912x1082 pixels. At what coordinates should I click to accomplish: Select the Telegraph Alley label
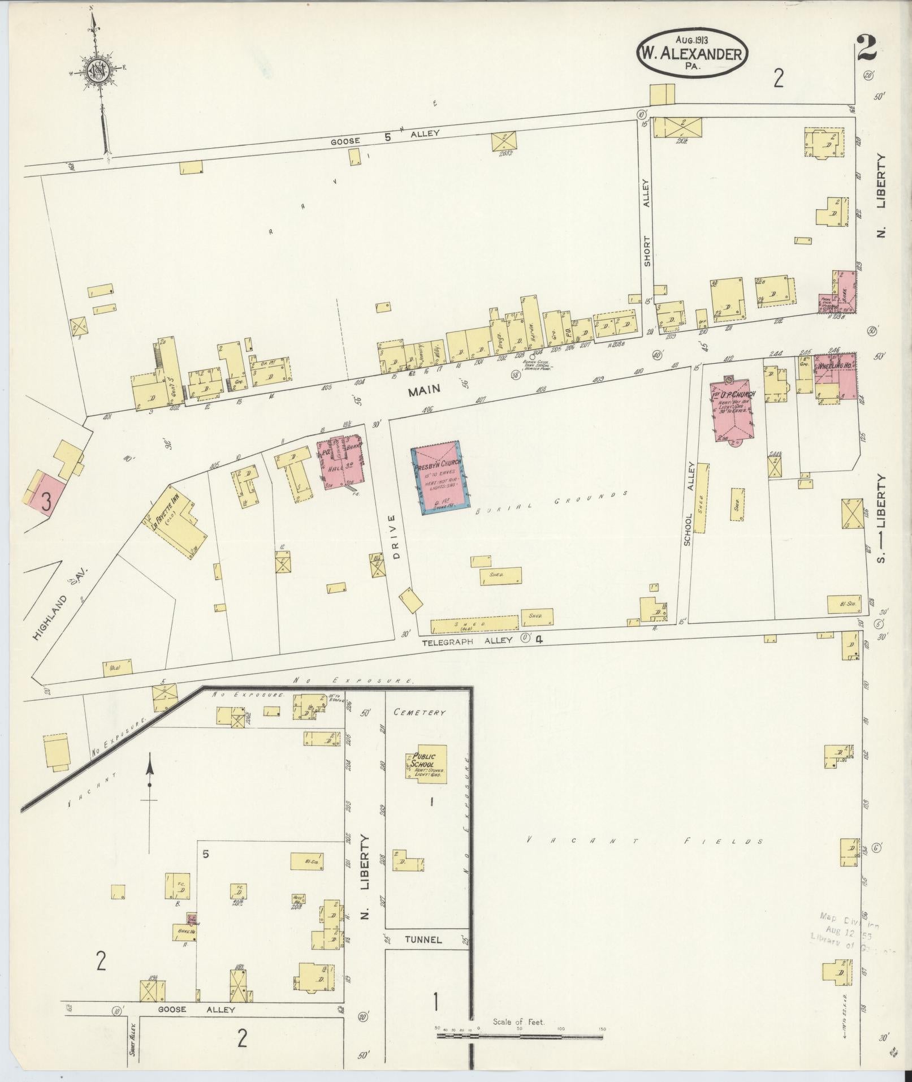[x=468, y=640]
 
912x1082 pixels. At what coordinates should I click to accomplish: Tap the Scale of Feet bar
[x=519, y=1037]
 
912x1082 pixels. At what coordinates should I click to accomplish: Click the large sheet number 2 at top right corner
[x=866, y=49]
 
